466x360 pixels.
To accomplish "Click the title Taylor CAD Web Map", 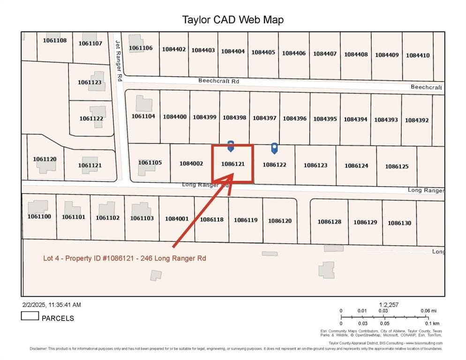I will tap(233, 20).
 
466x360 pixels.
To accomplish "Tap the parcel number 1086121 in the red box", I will tap(233, 164).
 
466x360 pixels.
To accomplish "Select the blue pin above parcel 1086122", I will tap(274, 148).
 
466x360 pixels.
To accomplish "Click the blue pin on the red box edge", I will tap(231, 145).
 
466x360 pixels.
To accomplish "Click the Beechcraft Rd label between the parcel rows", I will tap(218, 81).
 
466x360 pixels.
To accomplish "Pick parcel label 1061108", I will tap(55, 40).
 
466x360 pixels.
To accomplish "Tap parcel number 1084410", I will tap(417, 55).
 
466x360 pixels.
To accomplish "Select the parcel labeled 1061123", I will tap(90, 82).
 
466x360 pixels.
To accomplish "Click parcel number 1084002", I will tap(191, 164).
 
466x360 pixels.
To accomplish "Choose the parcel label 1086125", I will tap(397, 166).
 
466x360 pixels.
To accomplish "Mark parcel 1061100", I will tap(39, 217).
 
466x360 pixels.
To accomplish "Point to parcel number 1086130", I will tap(399, 223).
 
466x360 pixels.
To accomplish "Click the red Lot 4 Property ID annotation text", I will tap(124, 258).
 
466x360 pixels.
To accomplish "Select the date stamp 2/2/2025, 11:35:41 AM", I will tap(51, 305).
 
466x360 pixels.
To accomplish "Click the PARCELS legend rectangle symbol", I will tap(30, 316).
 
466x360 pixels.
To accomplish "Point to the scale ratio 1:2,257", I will tap(389, 305).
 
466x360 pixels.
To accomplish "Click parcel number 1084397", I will tap(264, 118).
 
